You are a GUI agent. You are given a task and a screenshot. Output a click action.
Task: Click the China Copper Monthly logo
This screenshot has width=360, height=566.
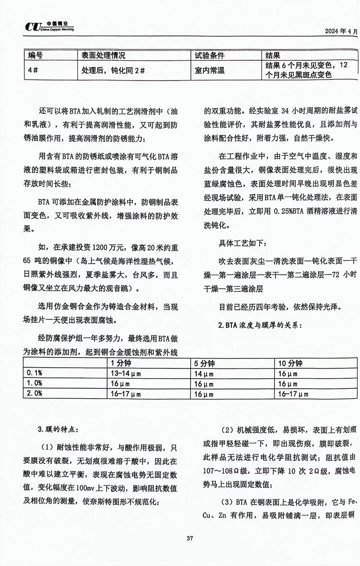pyautogui.click(x=49, y=27)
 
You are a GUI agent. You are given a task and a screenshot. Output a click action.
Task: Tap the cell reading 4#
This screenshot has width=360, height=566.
pyautogui.click(x=32, y=71)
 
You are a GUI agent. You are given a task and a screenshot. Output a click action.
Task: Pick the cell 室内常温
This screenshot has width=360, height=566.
pyautogui.click(x=209, y=71)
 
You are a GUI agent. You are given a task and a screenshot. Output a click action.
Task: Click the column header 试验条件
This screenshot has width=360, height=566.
pyautogui.click(x=209, y=56)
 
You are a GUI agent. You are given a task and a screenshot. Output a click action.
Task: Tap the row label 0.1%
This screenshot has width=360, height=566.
pyautogui.click(x=35, y=373)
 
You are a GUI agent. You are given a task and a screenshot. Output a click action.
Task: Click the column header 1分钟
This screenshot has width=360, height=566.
pyautogui.click(x=121, y=364)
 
